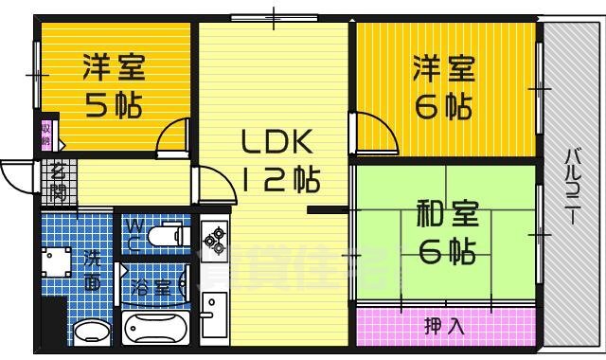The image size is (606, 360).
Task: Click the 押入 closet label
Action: coord(444,328)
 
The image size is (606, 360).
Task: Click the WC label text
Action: coord(134,233)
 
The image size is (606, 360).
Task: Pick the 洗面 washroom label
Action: coord(92,268)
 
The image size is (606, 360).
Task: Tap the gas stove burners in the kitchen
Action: coord(212,235)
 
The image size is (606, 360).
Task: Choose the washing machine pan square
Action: coord(55,261)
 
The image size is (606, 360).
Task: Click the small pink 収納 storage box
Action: coord(46,134)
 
